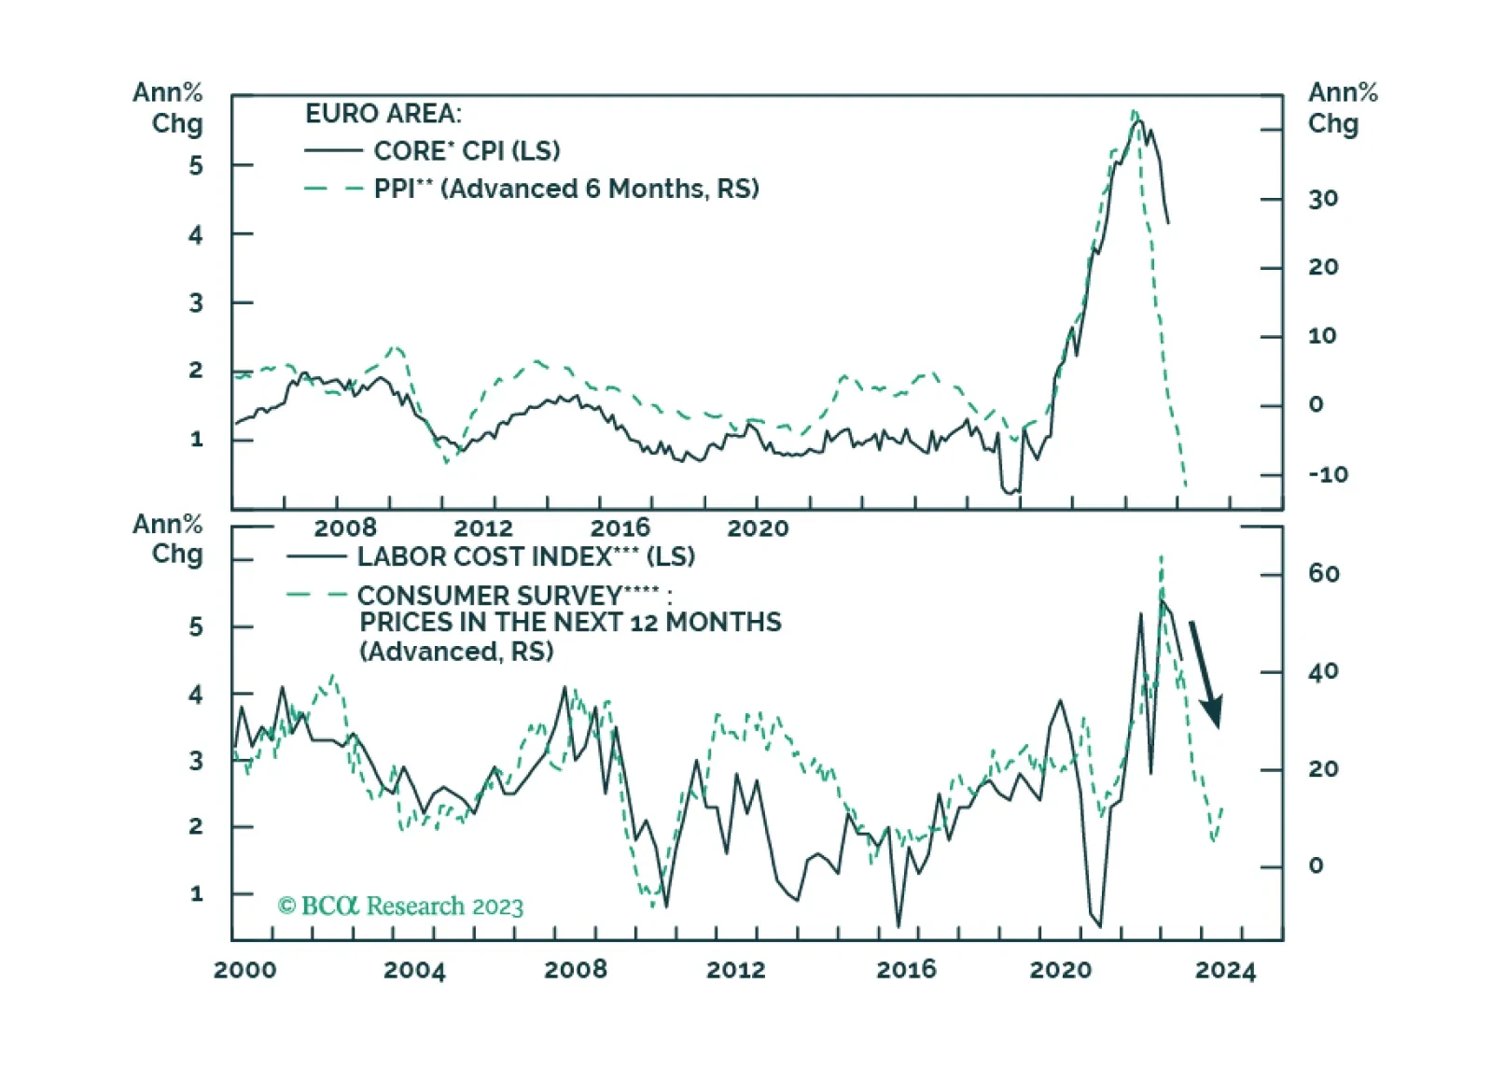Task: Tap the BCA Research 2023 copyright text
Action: pos(400,906)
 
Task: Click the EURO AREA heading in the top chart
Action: pos(383,114)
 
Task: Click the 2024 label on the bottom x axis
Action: pos(1225,970)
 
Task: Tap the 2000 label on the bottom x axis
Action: pos(245,970)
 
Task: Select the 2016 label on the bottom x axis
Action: pos(906,970)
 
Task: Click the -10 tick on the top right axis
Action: pos(1328,475)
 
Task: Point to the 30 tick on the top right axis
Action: pos(1323,199)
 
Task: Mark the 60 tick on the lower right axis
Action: pos(1323,573)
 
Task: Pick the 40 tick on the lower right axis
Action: pos(1323,671)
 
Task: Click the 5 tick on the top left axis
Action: pos(195,165)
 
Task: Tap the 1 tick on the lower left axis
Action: pos(196,893)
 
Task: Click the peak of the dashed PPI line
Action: pos(1135,111)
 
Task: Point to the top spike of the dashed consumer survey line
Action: pos(1161,555)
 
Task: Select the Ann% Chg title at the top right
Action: pos(1343,108)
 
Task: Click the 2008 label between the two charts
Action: pos(345,528)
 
